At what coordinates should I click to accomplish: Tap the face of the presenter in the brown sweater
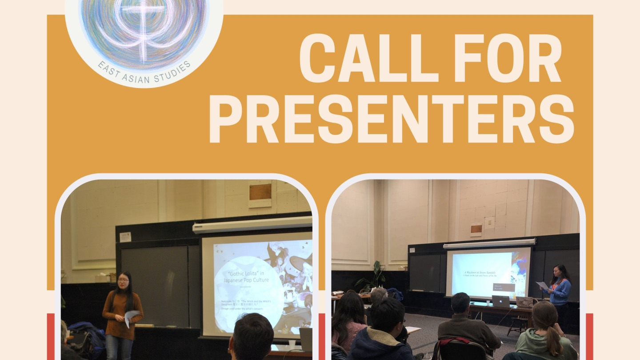click(123, 281)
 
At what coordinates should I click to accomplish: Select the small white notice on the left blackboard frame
click(125, 237)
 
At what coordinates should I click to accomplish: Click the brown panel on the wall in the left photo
click(260, 192)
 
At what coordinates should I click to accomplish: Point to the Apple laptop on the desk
click(500, 301)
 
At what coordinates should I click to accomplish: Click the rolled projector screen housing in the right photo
click(489, 243)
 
